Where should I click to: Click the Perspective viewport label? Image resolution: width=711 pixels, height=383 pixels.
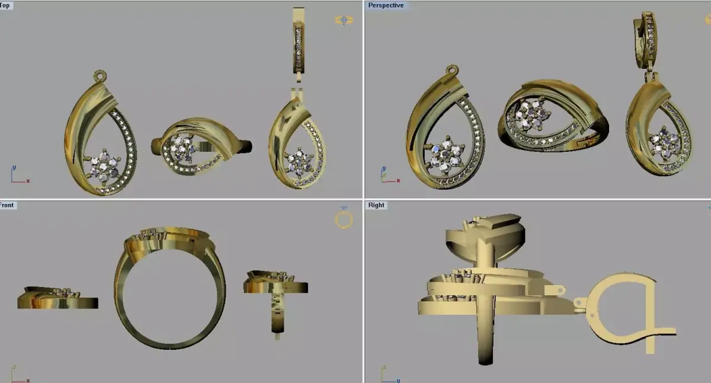click(386, 5)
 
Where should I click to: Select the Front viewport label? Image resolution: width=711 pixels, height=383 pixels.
click(7, 205)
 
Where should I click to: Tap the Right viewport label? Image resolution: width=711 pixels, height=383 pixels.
click(376, 205)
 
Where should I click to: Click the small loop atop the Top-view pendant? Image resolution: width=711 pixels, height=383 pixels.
click(99, 75)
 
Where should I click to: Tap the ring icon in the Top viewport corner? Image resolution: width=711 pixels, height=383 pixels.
click(344, 20)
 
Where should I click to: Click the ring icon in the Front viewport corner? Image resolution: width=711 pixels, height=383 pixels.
click(344, 219)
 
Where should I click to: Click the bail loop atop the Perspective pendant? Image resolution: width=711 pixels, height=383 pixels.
click(453, 69)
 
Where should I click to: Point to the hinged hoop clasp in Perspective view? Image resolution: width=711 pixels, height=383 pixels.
click(645, 36)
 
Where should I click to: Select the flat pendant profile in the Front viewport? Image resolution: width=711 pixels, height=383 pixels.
click(57, 299)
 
